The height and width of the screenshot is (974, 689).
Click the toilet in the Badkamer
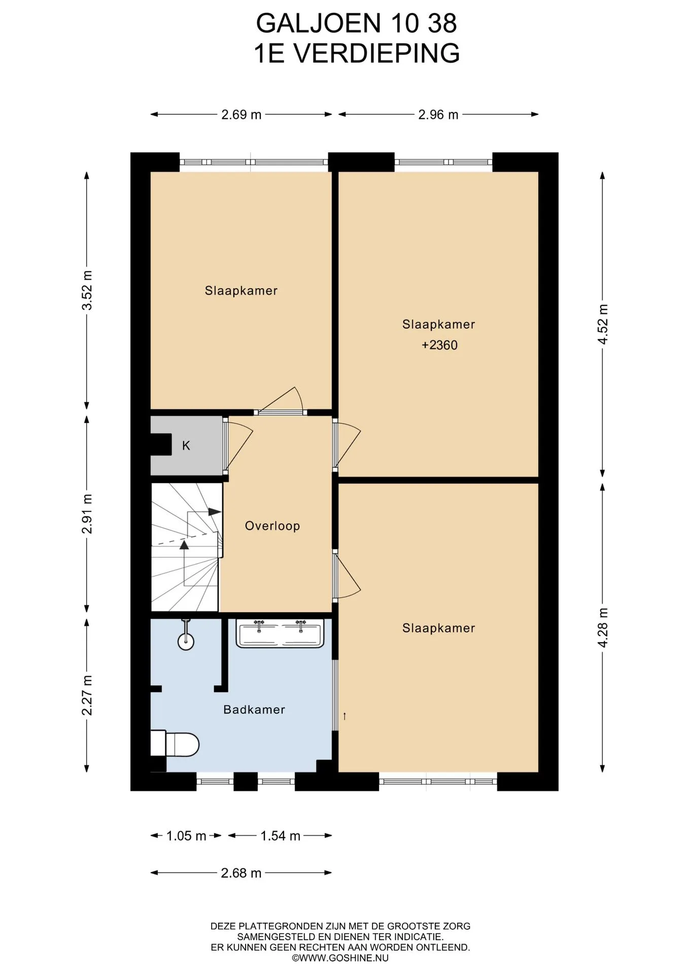point(175,744)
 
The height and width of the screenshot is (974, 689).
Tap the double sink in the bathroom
point(280,633)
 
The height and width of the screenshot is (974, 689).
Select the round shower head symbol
point(186,641)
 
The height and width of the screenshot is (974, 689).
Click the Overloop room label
point(272,526)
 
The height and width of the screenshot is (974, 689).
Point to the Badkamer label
point(254,709)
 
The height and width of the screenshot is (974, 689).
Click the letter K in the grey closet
point(186,445)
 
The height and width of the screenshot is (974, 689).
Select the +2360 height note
point(439,345)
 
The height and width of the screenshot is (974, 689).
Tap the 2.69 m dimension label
point(241,115)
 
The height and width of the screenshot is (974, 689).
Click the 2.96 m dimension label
point(438,115)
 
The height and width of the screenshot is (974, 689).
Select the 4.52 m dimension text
point(603,324)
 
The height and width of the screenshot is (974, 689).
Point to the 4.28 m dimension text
point(603,628)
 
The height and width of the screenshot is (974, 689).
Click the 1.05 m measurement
point(186,836)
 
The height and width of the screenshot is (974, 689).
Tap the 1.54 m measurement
point(281,836)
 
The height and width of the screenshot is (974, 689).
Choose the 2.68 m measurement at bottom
point(241,873)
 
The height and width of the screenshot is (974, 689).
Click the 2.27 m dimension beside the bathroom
point(87,695)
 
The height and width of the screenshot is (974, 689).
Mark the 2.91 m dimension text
point(87,513)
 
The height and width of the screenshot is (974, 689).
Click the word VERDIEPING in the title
point(377,53)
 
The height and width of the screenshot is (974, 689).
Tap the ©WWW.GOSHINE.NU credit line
point(340,958)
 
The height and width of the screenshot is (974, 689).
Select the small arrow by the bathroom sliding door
point(344,716)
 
